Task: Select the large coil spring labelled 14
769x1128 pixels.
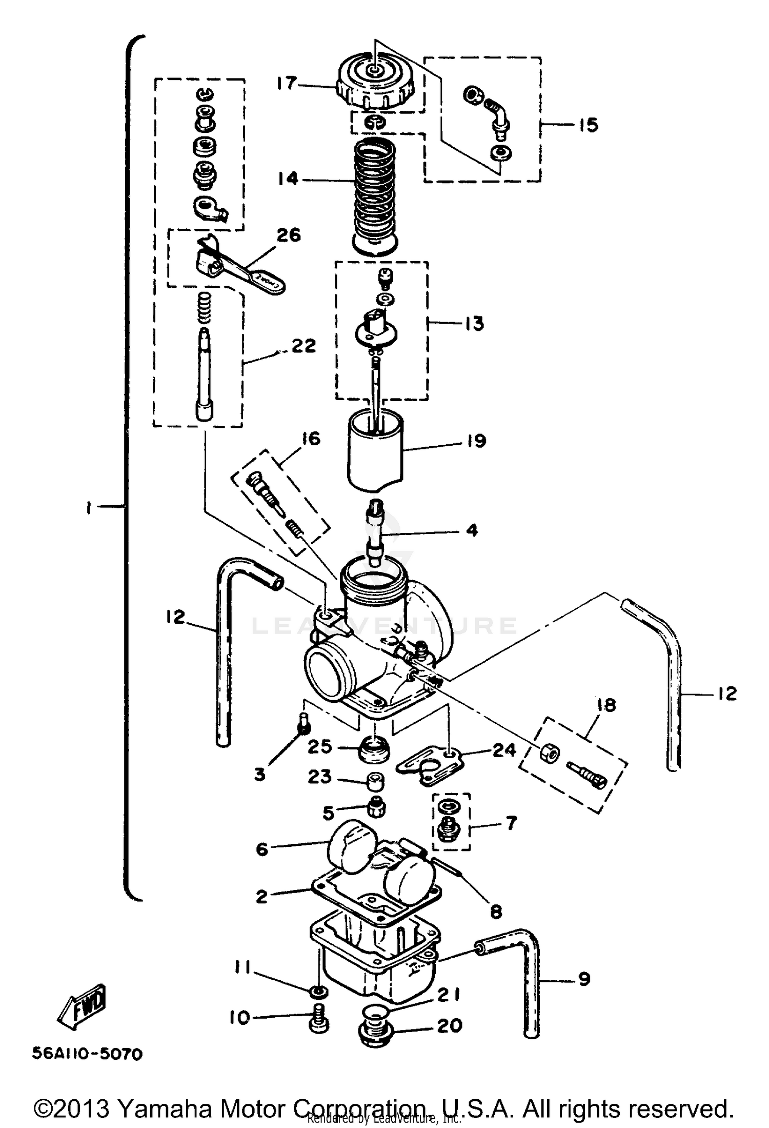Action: coord(376,192)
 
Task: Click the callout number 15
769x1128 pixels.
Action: coord(589,125)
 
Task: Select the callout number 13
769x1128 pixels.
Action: coord(474,324)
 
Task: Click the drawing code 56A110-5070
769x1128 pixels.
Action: coord(87,1054)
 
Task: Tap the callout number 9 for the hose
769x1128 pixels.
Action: coord(584,979)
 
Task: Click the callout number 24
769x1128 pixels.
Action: coord(504,749)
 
